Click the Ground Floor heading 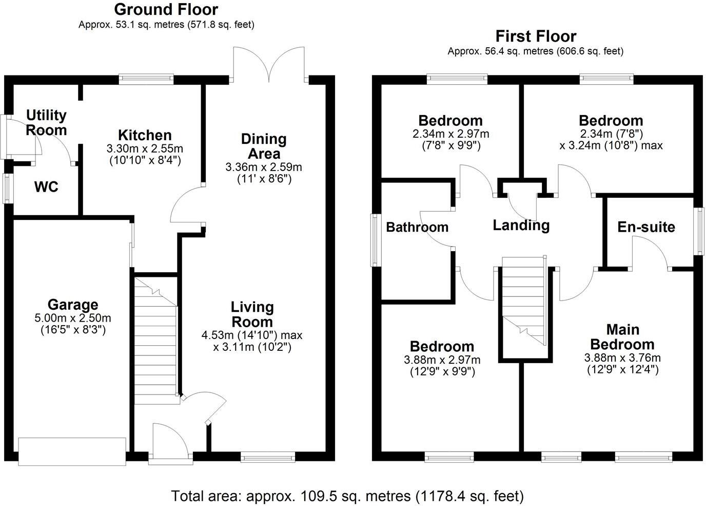point(166,9)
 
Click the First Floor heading point(536,36)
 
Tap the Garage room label point(73,305)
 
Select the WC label point(46,187)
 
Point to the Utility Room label point(46,122)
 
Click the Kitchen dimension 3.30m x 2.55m point(145,148)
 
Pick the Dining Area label point(264,146)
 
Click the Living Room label point(252,314)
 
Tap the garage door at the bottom point(72,451)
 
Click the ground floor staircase point(155,339)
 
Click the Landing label point(521,225)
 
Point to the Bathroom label point(417,227)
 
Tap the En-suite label point(646,227)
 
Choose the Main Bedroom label point(622,336)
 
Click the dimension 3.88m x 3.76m point(622,358)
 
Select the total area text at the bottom point(347,496)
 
